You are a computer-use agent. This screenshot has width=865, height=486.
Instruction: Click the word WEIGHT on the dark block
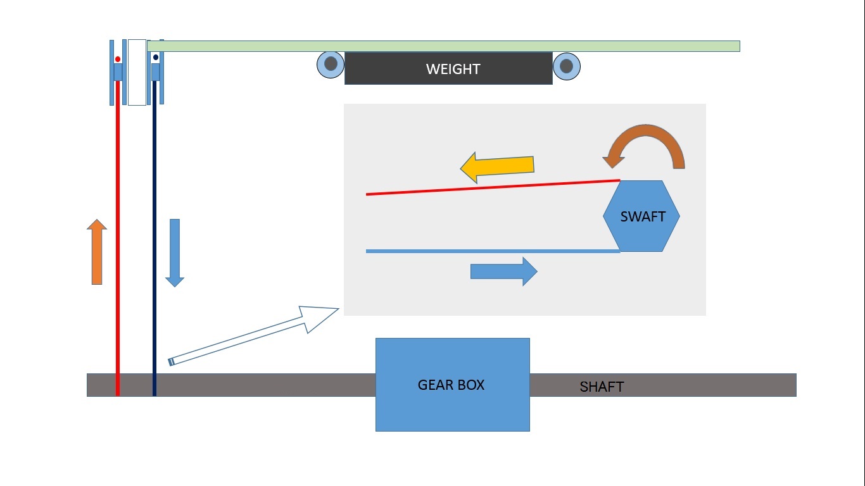point(453,69)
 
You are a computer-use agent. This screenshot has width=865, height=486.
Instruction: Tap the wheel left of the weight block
point(331,65)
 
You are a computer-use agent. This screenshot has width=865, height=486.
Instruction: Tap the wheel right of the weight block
point(567,66)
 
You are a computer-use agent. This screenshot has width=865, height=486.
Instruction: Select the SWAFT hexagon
point(641,216)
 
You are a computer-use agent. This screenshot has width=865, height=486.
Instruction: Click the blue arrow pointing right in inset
point(504,271)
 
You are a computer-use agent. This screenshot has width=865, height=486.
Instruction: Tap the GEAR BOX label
point(451,385)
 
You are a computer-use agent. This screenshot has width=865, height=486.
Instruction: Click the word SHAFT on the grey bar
point(602,387)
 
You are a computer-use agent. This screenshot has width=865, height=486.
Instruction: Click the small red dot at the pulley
point(118,59)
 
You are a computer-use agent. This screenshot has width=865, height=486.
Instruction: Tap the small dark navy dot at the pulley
point(156,58)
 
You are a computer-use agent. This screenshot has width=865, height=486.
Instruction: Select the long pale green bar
point(443,46)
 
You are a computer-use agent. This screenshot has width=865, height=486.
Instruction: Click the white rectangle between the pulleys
point(137,72)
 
